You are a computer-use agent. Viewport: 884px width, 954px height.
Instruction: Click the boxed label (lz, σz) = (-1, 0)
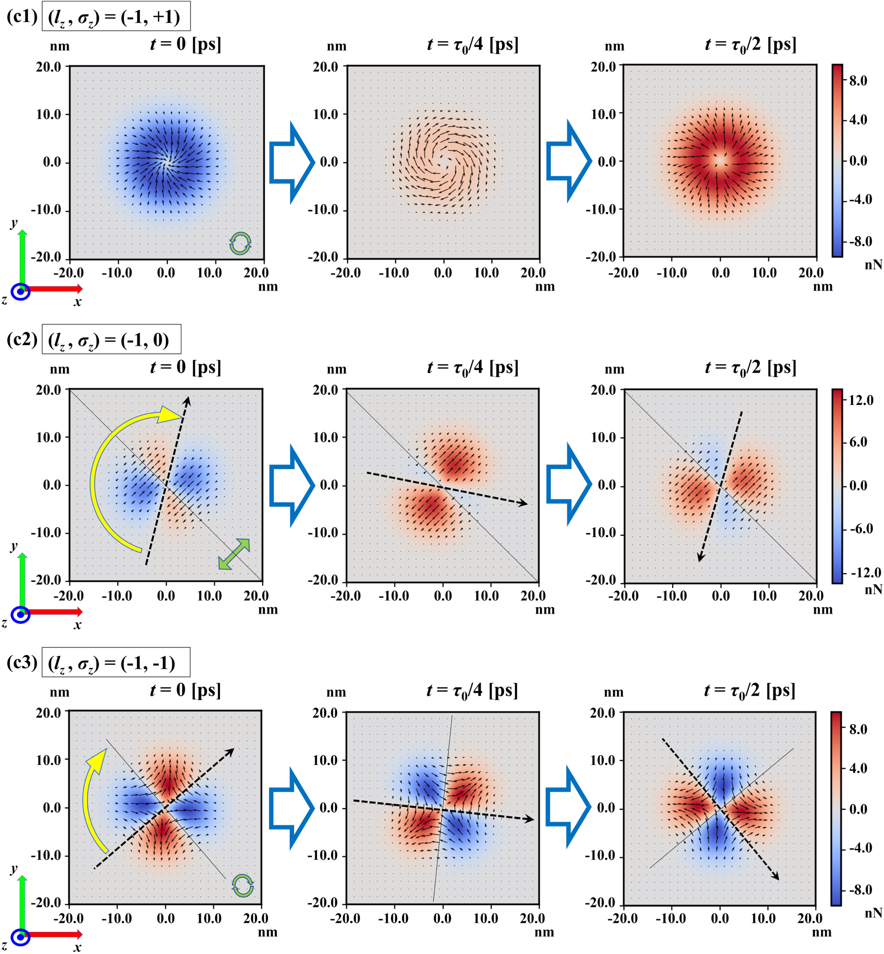[x=111, y=340]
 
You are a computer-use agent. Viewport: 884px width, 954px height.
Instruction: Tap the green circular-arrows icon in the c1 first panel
[x=240, y=244]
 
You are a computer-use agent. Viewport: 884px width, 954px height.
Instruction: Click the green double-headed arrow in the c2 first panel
[x=234, y=554]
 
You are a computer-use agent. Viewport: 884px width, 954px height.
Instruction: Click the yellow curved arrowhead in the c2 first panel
[x=170, y=415]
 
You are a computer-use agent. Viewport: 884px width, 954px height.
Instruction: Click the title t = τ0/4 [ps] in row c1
[x=472, y=45]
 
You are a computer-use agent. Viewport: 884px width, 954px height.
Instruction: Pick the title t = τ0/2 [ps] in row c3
[x=749, y=691]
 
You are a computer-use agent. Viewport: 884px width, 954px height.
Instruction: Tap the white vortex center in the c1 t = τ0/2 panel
[x=720, y=161]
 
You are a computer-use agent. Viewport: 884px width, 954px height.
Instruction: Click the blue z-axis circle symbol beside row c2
[x=20, y=615]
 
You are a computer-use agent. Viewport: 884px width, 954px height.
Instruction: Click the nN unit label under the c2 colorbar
[x=873, y=590]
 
